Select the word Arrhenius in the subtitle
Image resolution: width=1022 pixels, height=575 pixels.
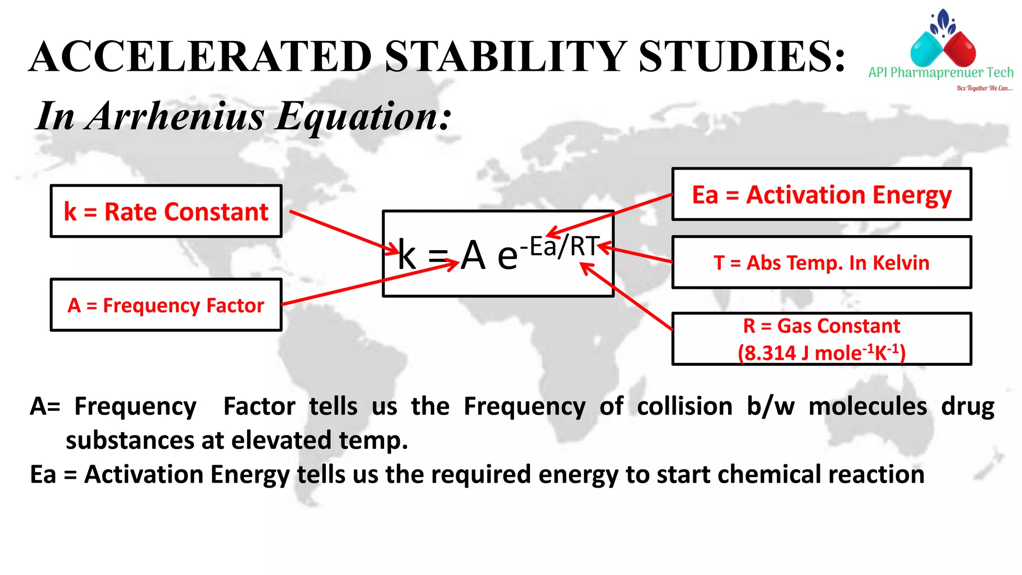(176, 116)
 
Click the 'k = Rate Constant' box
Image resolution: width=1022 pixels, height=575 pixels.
(166, 211)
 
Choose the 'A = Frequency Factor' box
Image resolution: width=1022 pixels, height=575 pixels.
(166, 305)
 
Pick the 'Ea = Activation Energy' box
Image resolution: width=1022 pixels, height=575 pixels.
(821, 194)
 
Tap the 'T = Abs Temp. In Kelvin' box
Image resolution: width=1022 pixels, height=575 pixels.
(821, 263)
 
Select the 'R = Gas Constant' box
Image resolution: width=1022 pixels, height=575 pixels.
(821, 326)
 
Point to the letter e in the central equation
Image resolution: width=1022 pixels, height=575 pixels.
(508, 257)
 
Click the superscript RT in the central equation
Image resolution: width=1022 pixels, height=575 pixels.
(585, 246)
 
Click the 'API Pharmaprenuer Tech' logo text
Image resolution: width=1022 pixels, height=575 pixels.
(941, 73)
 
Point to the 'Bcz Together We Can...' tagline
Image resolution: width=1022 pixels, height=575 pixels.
(984, 88)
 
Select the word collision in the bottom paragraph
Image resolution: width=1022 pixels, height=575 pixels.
(685, 406)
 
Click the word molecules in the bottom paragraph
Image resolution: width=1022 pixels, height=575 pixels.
(868, 406)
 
